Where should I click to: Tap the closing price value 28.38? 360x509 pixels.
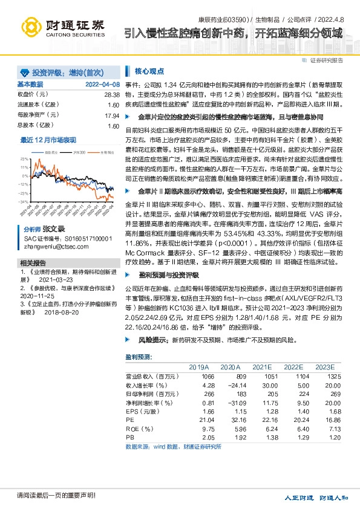tap(111, 95)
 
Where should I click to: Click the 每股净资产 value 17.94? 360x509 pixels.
tap(111, 115)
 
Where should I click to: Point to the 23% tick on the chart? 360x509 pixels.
tap(24, 158)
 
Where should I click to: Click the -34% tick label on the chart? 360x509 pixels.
tap(24, 201)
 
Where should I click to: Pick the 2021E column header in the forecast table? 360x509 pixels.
tap(262, 366)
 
